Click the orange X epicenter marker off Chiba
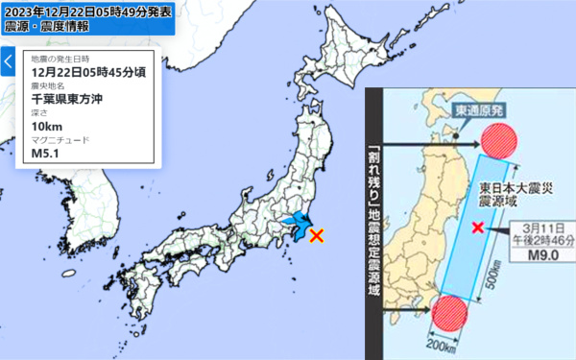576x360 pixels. pyautogui.click(x=316, y=233)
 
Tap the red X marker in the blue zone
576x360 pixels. pyautogui.click(x=478, y=228)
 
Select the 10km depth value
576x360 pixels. pyautogui.click(x=46, y=126)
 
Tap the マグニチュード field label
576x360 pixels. pyautogui.click(x=60, y=139)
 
